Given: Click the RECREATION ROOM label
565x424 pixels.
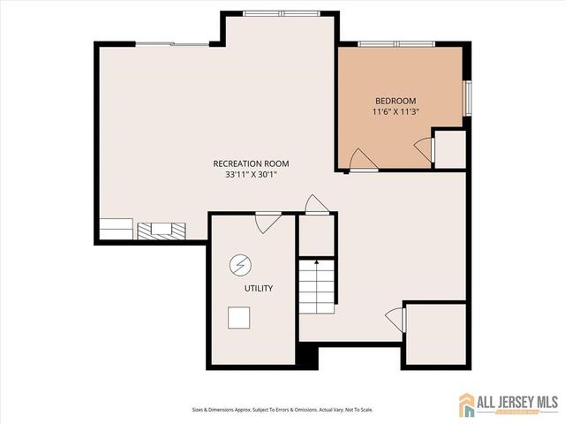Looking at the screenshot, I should [x=251, y=163].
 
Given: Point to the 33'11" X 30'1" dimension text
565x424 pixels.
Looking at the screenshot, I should [x=251, y=175].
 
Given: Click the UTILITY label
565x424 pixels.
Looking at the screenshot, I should [x=259, y=288].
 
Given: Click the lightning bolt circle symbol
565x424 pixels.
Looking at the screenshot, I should [x=238, y=263].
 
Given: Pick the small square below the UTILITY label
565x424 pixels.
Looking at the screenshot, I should [x=238, y=316].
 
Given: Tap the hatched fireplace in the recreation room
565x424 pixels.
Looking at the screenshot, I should [x=162, y=230].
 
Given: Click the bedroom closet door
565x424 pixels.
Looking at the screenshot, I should [x=426, y=148].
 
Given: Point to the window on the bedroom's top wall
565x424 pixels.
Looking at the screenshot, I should [x=397, y=43].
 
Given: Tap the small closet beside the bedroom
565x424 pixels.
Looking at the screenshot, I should [x=449, y=148].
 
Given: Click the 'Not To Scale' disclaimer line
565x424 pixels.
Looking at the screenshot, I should [x=282, y=409].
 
